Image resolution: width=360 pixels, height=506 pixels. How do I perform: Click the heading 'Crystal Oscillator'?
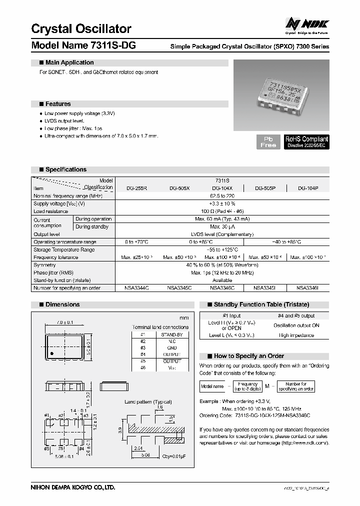click(81, 28)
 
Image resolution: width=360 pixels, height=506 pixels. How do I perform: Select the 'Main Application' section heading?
click(69, 62)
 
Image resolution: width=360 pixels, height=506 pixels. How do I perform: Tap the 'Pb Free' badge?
click(268, 141)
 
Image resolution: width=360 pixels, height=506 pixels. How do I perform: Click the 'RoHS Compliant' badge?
click(306, 141)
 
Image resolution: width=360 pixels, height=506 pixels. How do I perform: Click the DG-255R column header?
click(137, 188)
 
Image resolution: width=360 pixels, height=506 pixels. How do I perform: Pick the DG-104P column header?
click(308, 188)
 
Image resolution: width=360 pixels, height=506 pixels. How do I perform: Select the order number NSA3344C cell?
click(136, 288)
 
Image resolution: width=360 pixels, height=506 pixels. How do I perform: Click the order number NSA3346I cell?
click(308, 288)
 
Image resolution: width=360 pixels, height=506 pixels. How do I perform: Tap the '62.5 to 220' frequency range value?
click(222, 196)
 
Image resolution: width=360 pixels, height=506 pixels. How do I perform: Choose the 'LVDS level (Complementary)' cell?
click(222, 234)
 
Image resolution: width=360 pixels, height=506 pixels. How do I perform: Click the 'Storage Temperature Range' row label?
click(64, 249)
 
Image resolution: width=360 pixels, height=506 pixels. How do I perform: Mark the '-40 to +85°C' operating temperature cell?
click(286, 242)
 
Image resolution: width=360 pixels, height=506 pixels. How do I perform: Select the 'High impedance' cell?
click(297, 335)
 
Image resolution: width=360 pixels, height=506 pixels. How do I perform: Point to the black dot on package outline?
click(50, 353)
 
